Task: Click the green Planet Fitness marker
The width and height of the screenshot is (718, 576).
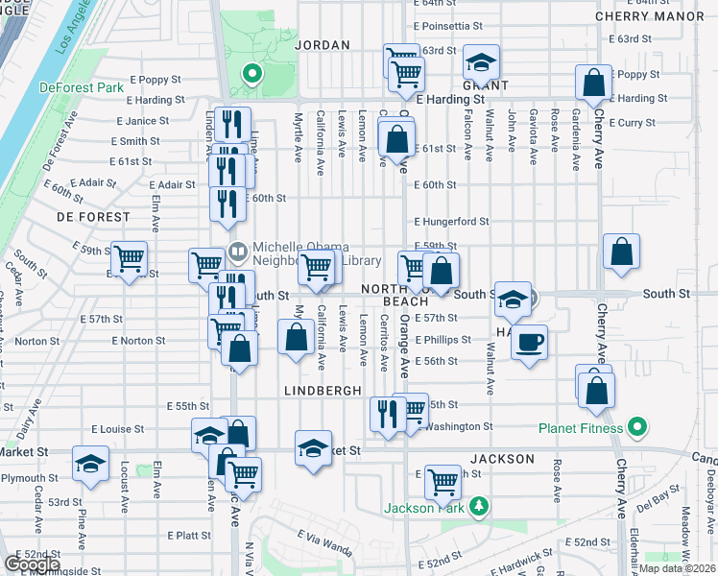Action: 634,427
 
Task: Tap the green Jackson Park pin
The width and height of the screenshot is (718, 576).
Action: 478,507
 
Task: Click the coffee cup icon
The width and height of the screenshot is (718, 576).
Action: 528,342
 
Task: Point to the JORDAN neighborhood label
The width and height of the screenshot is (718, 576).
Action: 318,45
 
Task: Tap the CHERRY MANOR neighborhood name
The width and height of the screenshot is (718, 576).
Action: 657,16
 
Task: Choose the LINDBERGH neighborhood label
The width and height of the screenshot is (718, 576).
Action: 323,391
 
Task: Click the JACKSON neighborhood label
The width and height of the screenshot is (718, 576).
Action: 502,459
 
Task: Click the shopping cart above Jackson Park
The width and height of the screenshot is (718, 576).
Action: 443,480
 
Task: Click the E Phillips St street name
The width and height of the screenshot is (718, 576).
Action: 443,339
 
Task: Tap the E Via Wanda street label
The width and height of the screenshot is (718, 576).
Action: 324,542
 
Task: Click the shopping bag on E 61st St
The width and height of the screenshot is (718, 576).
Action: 396,140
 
